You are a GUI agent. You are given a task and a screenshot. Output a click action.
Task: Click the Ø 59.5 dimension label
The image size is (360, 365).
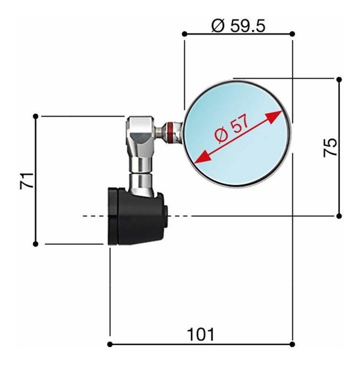[238, 26]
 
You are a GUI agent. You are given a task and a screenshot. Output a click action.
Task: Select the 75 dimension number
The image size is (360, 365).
[330, 148]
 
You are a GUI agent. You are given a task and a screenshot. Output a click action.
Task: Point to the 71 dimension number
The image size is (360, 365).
[27, 180]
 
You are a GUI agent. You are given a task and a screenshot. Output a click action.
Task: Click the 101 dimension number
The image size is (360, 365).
[200, 335]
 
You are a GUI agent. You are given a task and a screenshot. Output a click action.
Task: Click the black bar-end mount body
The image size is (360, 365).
[136, 216]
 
